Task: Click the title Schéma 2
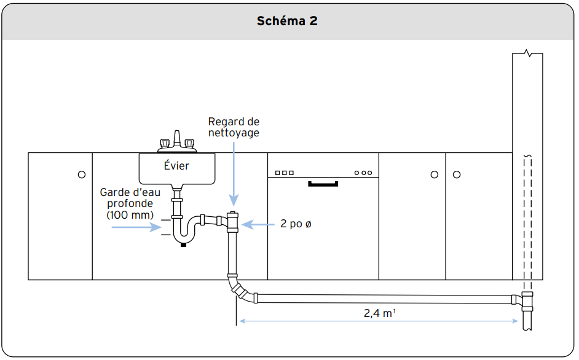287,21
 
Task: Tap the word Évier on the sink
176,165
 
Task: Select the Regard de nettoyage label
234,127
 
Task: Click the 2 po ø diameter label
296,224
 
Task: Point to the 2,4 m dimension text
380,313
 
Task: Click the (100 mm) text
130,214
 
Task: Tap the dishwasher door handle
323,184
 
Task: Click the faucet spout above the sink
177,139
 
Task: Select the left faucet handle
164,143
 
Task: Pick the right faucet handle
189,143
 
